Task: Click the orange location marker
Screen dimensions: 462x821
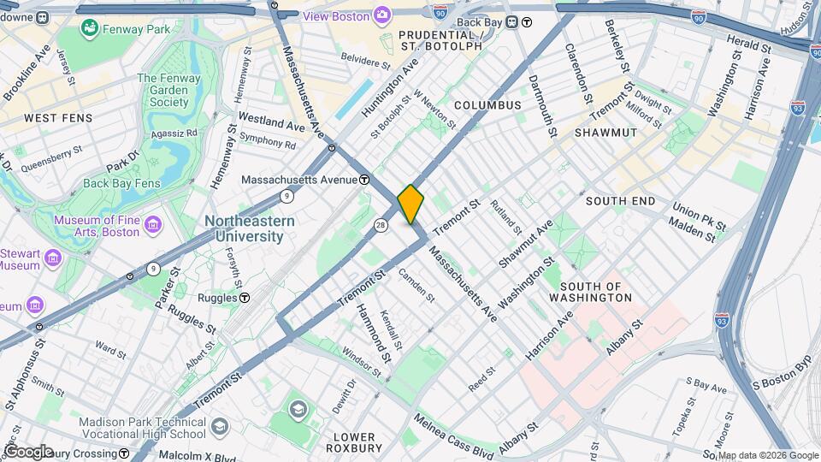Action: (x=410, y=204)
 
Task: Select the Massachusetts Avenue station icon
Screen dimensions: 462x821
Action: (x=364, y=180)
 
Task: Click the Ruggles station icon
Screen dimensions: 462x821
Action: (x=245, y=298)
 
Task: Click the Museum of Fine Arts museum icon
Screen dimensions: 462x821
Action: (x=154, y=225)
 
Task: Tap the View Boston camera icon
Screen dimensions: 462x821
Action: (x=381, y=16)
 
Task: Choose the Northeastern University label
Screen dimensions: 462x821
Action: (x=250, y=228)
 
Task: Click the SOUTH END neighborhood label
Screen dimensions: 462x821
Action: (x=620, y=201)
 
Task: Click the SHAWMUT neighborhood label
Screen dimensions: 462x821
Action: (x=605, y=133)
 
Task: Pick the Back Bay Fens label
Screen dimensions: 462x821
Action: (x=121, y=183)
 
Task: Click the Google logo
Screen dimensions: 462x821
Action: (x=28, y=451)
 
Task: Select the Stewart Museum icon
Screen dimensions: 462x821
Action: (x=54, y=258)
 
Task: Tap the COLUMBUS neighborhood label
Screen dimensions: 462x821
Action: (x=487, y=104)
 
